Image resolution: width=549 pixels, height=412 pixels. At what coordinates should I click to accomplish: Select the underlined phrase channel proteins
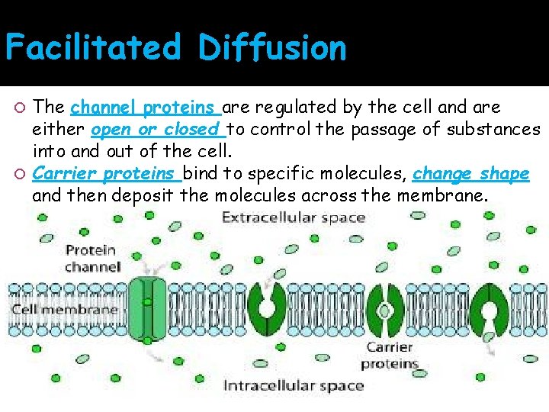tap(146, 106)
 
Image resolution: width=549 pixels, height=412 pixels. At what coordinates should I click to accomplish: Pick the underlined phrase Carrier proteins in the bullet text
tap(107, 173)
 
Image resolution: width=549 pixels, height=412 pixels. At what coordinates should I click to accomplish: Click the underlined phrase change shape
tap(470, 173)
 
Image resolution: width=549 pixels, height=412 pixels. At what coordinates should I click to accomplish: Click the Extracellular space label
tap(294, 218)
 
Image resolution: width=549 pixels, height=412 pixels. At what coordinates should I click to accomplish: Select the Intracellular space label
tap(293, 385)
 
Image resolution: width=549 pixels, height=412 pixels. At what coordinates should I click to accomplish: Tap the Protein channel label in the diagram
tap(92, 258)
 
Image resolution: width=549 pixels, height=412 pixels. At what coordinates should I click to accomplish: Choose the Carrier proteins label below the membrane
tap(389, 356)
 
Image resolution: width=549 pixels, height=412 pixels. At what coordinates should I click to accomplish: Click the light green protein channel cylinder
tap(149, 308)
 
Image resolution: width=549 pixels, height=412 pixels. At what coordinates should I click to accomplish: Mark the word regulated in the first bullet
tap(294, 106)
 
